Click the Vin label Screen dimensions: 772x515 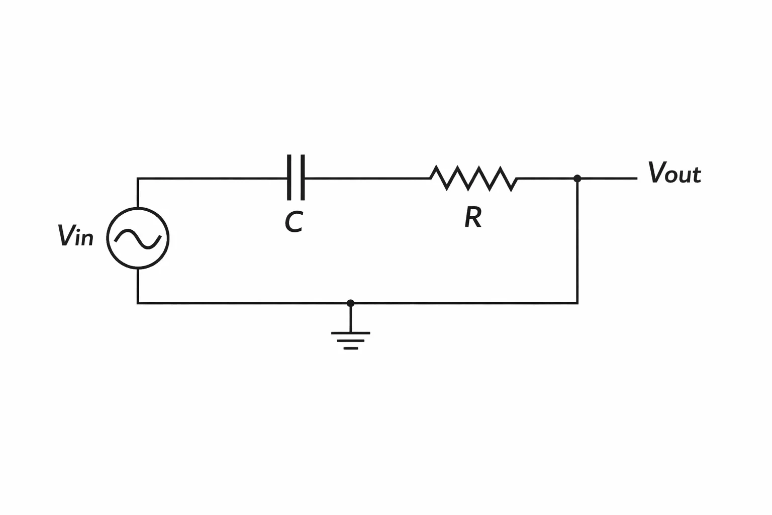[75, 235]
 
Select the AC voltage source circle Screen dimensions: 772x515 [107, 238]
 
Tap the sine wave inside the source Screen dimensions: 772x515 [138, 239]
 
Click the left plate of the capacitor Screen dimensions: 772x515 [289, 178]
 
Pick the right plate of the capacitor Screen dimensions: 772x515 [303, 178]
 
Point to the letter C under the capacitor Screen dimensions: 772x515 [294, 222]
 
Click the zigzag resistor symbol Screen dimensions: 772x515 [473, 179]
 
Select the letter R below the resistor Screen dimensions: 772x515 [473, 217]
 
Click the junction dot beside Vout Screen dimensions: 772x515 [577, 179]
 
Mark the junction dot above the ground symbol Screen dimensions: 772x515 [350, 303]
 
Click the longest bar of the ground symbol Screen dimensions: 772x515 [350, 333]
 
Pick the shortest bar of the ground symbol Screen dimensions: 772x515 [350, 349]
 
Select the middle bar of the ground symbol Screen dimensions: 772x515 [350, 341]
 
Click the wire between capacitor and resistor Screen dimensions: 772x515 [367, 179]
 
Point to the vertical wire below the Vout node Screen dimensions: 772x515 [577, 241]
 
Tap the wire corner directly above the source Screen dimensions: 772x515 [138, 179]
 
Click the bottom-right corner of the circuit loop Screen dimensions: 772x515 [577, 303]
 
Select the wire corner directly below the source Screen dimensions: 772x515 [138, 303]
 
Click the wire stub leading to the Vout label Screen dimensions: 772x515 [607, 179]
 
